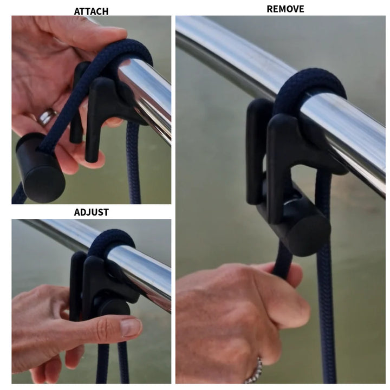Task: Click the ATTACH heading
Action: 90,11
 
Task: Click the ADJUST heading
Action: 91,212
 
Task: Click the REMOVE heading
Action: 285,9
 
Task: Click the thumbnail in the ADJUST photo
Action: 129,326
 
